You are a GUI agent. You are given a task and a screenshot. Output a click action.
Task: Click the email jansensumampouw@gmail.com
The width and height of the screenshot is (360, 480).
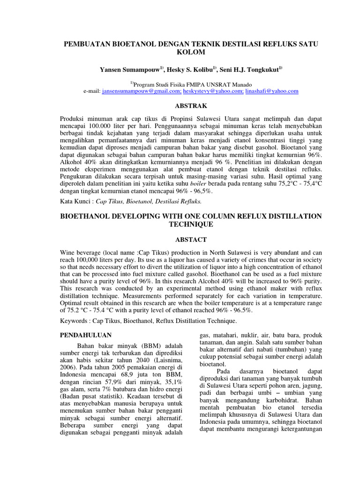142,91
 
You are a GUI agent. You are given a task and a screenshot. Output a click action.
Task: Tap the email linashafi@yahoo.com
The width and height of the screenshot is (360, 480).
271,91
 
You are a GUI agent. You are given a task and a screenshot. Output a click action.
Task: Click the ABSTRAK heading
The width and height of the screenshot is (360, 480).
191,106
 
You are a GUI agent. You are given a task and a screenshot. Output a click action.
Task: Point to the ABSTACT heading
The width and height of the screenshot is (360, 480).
191,240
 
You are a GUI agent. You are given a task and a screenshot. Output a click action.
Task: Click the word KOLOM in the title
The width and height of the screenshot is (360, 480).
191,52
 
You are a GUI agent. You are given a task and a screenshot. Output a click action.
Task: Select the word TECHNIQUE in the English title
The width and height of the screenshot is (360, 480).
191,225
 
